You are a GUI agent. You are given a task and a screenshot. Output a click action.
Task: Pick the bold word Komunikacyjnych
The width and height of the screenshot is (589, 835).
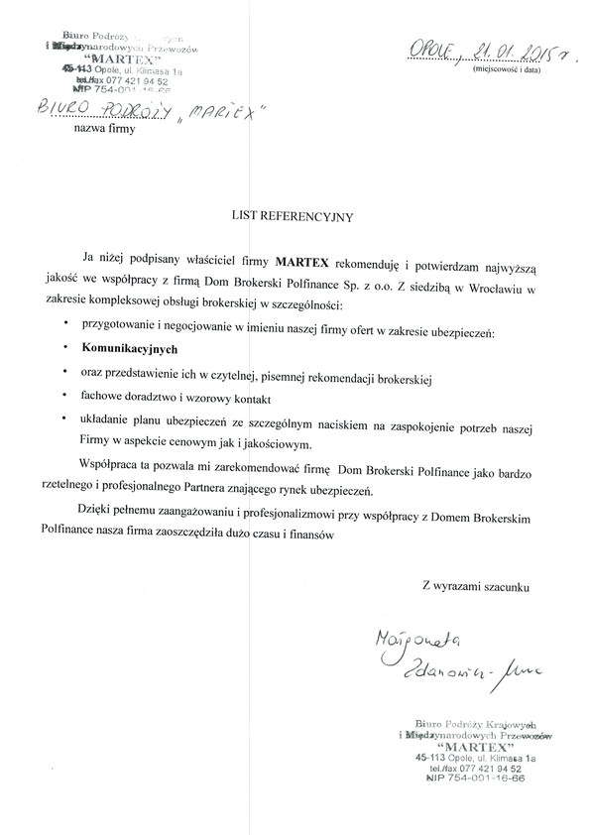pyautogui.click(x=124, y=350)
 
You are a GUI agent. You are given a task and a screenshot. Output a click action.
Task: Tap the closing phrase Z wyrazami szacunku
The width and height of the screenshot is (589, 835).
pyautogui.click(x=476, y=586)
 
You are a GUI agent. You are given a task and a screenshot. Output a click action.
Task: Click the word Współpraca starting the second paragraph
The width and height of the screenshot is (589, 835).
pyautogui.click(x=114, y=465)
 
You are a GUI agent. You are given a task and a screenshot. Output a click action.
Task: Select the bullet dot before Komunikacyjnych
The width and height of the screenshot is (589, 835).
pyautogui.click(x=64, y=350)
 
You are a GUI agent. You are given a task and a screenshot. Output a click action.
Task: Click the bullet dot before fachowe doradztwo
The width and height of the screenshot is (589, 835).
pyautogui.click(x=64, y=395)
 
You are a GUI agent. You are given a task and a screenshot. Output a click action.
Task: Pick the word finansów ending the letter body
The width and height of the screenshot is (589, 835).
pyautogui.click(x=312, y=536)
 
